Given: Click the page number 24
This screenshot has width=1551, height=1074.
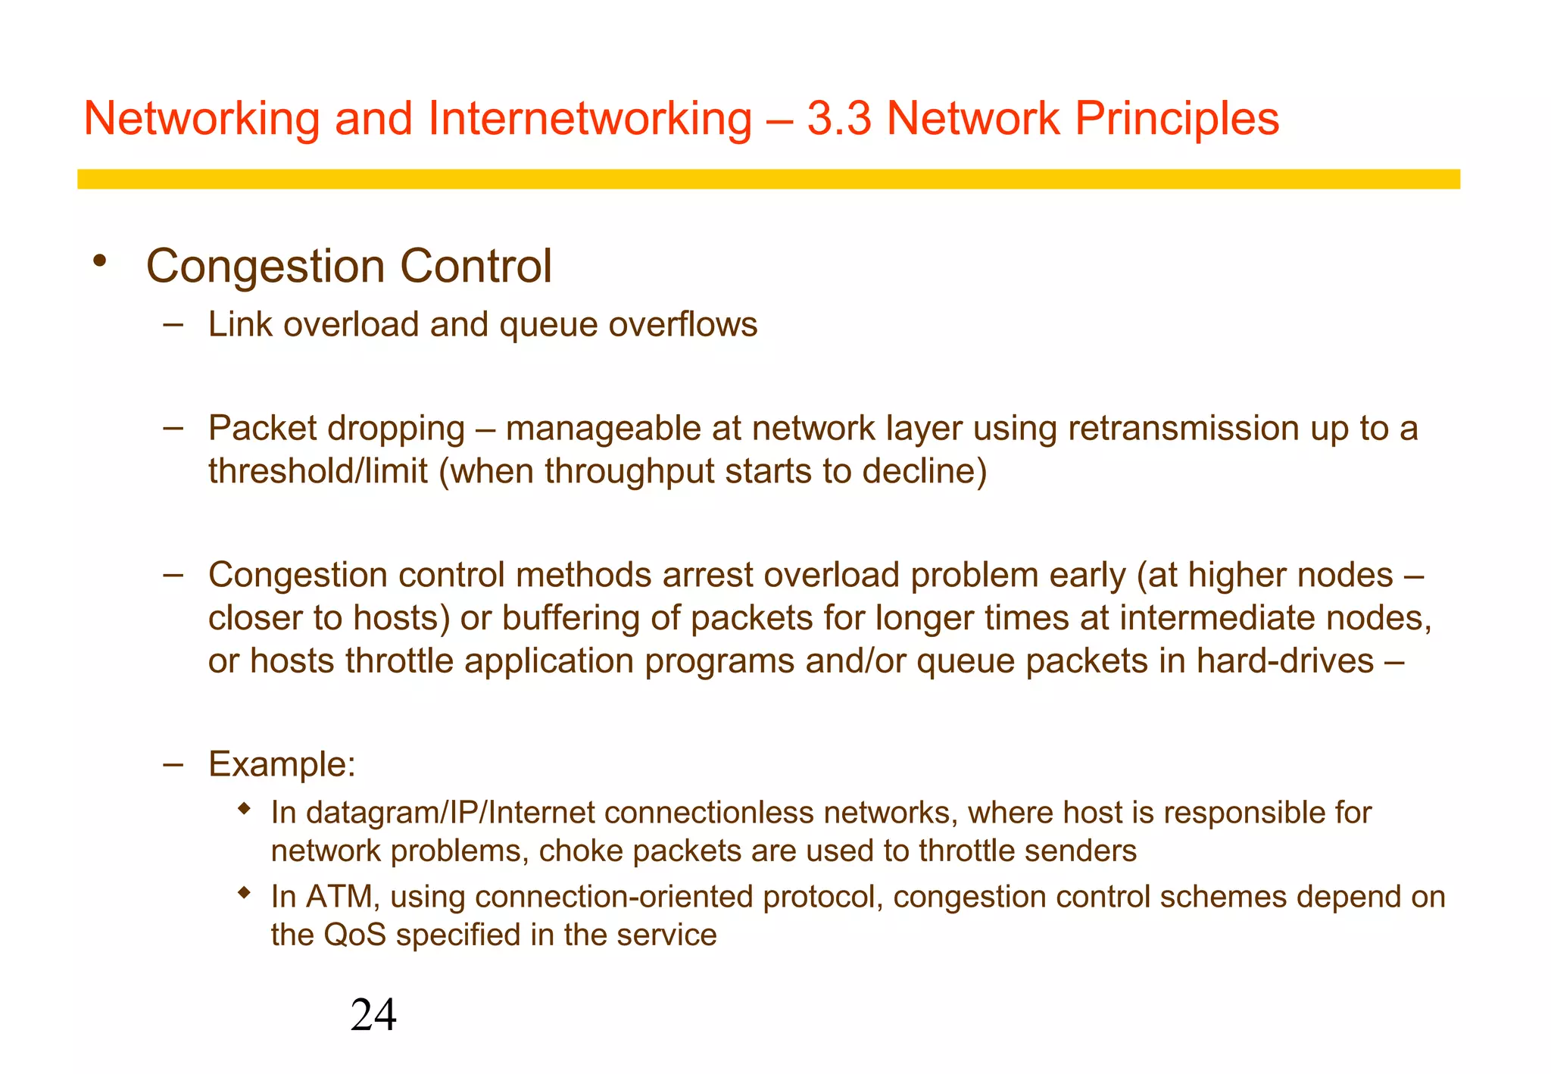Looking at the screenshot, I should pos(373,1015).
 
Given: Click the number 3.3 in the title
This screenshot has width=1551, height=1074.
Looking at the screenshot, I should pos(838,119).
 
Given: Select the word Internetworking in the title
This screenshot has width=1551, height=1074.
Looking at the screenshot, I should pos(590,119).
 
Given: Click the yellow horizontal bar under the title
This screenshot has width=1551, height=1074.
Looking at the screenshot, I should pos(768,179).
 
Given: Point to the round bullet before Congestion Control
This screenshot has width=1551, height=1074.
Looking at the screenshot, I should pos(98,262).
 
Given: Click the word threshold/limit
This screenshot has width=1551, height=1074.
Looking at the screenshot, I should pos(318,471).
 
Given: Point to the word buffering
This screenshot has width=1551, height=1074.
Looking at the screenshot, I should pos(570,618).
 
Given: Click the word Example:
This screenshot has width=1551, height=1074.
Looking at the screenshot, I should pos(282,763).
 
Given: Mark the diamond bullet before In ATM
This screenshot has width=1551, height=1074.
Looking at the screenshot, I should pos(243,893).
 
